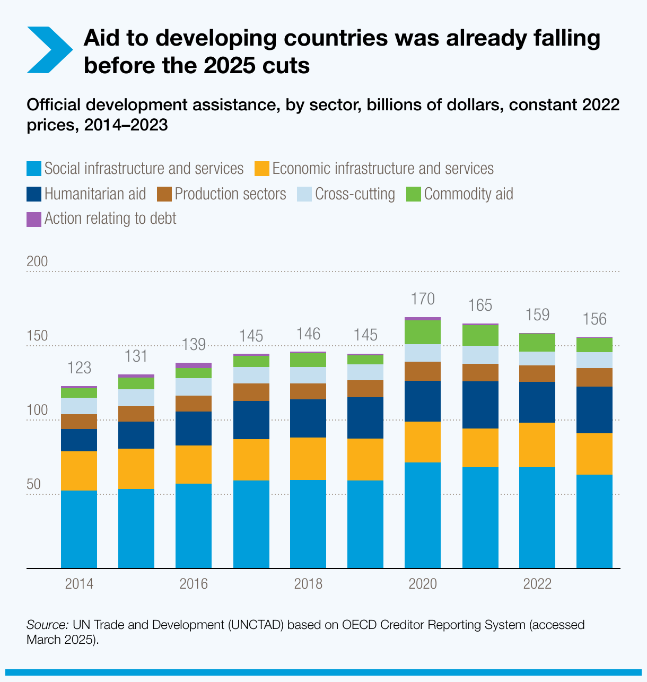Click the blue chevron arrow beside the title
click(x=49, y=49)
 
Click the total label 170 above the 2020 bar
click(x=423, y=299)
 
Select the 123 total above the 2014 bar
click(x=79, y=368)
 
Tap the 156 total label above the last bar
click(x=594, y=319)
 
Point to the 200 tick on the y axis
click(x=37, y=261)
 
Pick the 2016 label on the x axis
click(x=194, y=584)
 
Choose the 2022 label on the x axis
click(x=537, y=584)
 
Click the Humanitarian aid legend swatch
click(x=34, y=194)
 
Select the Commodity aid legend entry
click(x=468, y=194)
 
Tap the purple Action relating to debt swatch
click(x=34, y=218)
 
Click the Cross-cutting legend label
click(x=355, y=194)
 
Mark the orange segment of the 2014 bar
click(x=79, y=471)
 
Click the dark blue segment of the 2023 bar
click(x=594, y=410)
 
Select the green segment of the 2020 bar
click(x=423, y=332)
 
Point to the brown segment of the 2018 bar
click(x=308, y=391)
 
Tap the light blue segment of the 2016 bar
click(x=194, y=387)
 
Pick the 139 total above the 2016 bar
click(x=194, y=345)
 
